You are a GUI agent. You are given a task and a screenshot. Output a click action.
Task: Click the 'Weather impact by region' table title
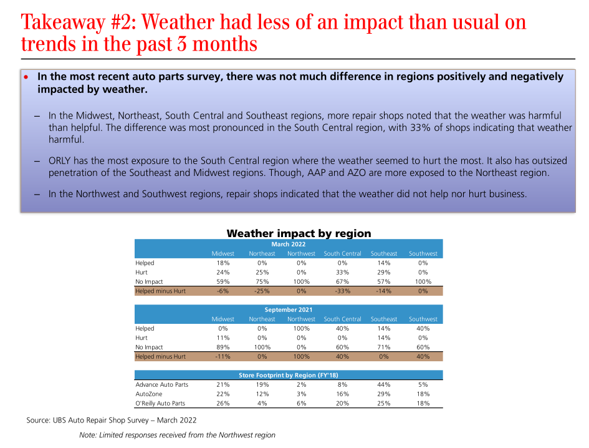click(299, 233)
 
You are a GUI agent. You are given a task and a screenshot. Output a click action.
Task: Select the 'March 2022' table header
click(289, 244)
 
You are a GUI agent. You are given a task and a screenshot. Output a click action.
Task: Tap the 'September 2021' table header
click(289, 309)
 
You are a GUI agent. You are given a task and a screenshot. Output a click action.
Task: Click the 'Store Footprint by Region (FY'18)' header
click(289, 375)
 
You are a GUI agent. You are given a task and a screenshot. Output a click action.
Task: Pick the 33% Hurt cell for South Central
click(342, 272)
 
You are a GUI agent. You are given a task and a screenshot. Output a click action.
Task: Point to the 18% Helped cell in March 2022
click(223, 263)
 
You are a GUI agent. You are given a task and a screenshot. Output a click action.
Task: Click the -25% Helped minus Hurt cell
click(262, 291)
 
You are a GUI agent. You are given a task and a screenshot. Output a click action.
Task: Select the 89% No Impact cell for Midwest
click(223, 347)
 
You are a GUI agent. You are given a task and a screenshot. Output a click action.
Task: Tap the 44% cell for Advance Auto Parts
click(384, 384)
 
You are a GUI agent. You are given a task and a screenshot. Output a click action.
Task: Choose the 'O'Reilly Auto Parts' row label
click(160, 403)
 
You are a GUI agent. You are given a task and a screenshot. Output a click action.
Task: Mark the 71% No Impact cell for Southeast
click(384, 347)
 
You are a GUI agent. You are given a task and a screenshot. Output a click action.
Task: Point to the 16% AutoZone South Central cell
click(342, 394)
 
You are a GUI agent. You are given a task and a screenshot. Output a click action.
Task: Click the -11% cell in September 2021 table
click(223, 356)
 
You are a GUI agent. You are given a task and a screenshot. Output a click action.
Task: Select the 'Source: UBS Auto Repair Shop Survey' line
click(112, 421)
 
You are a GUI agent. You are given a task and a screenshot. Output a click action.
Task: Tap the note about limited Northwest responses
click(177, 435)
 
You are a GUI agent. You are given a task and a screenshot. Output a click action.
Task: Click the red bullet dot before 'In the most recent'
click(26, 77)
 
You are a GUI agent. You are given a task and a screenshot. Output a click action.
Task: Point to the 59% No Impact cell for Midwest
click(223, 281)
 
